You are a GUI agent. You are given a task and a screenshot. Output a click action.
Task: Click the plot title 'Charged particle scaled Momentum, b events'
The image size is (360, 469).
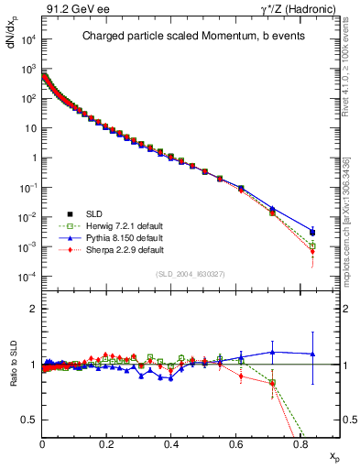191,37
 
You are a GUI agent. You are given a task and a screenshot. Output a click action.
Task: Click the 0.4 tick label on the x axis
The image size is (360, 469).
171,442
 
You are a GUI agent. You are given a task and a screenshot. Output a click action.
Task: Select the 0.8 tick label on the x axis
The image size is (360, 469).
300,442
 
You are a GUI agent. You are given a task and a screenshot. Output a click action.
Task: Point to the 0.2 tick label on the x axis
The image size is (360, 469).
106,442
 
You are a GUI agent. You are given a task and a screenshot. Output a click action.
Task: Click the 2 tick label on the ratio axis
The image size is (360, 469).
33,309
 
